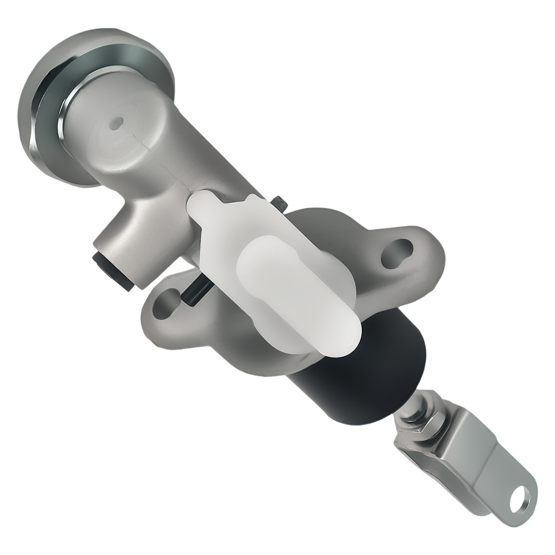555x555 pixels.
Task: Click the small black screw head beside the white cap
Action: tap(281, 204)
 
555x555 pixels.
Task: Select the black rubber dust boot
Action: tap(366, 372)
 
